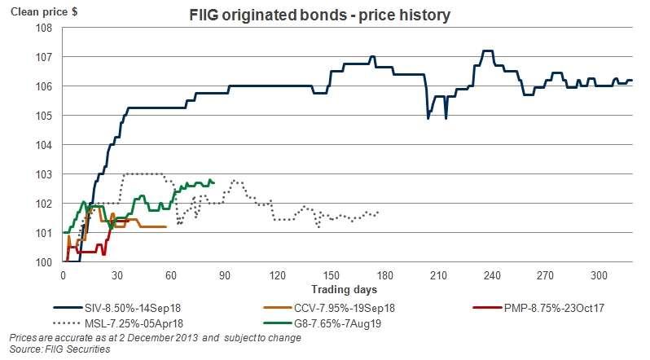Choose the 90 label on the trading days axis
click(224, 274)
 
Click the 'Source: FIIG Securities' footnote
click(59, 349)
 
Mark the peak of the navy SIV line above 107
click(488, 50)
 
